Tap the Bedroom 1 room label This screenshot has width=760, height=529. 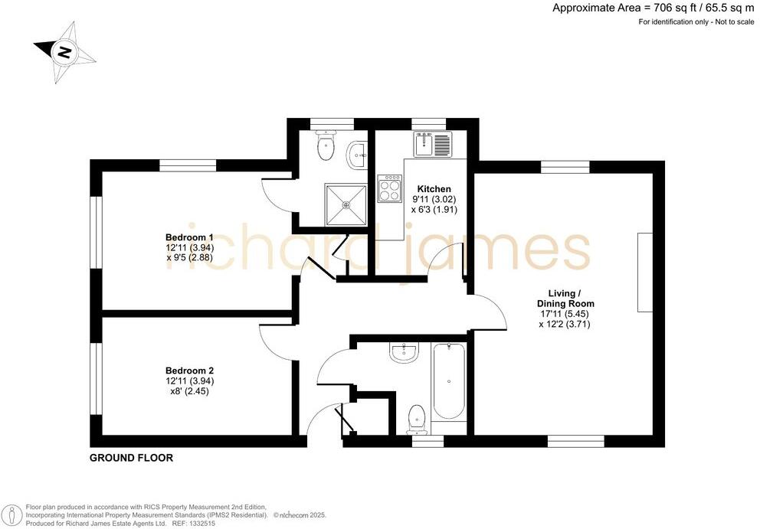[189, 237]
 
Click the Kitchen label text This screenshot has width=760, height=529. [434, 189]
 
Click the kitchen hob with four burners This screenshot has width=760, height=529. [390, 188]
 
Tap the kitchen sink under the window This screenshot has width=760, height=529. [434, 144]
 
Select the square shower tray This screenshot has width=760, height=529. [346, 204]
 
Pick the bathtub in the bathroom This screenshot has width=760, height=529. [449, 381]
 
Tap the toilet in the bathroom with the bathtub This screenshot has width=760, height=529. [417, 418]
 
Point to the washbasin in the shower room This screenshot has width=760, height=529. [357, 155]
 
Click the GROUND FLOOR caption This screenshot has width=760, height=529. [131, 459]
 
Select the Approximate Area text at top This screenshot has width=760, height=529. [654, 8]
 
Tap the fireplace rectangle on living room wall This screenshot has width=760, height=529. [644, 272]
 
